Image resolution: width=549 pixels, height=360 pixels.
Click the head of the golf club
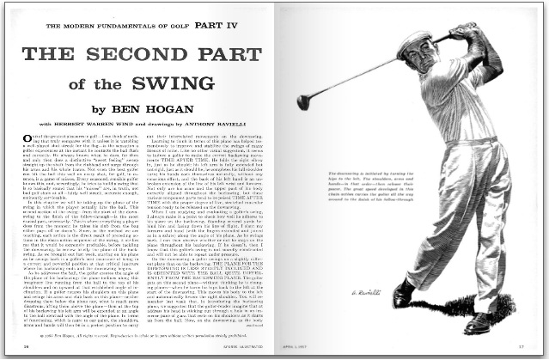tap(303, 101)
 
